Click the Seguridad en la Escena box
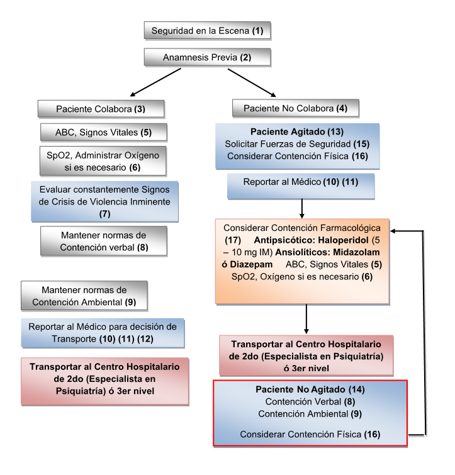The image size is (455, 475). point(207,30)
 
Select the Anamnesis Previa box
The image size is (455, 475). point(207,57)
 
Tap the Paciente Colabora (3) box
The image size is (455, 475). point(101,108)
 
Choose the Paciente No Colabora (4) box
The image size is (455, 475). point(295,108)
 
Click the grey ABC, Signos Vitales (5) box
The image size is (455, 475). point(104,132)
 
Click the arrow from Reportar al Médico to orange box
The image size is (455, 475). point(303,208)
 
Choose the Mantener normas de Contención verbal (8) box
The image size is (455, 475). point(104,241)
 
